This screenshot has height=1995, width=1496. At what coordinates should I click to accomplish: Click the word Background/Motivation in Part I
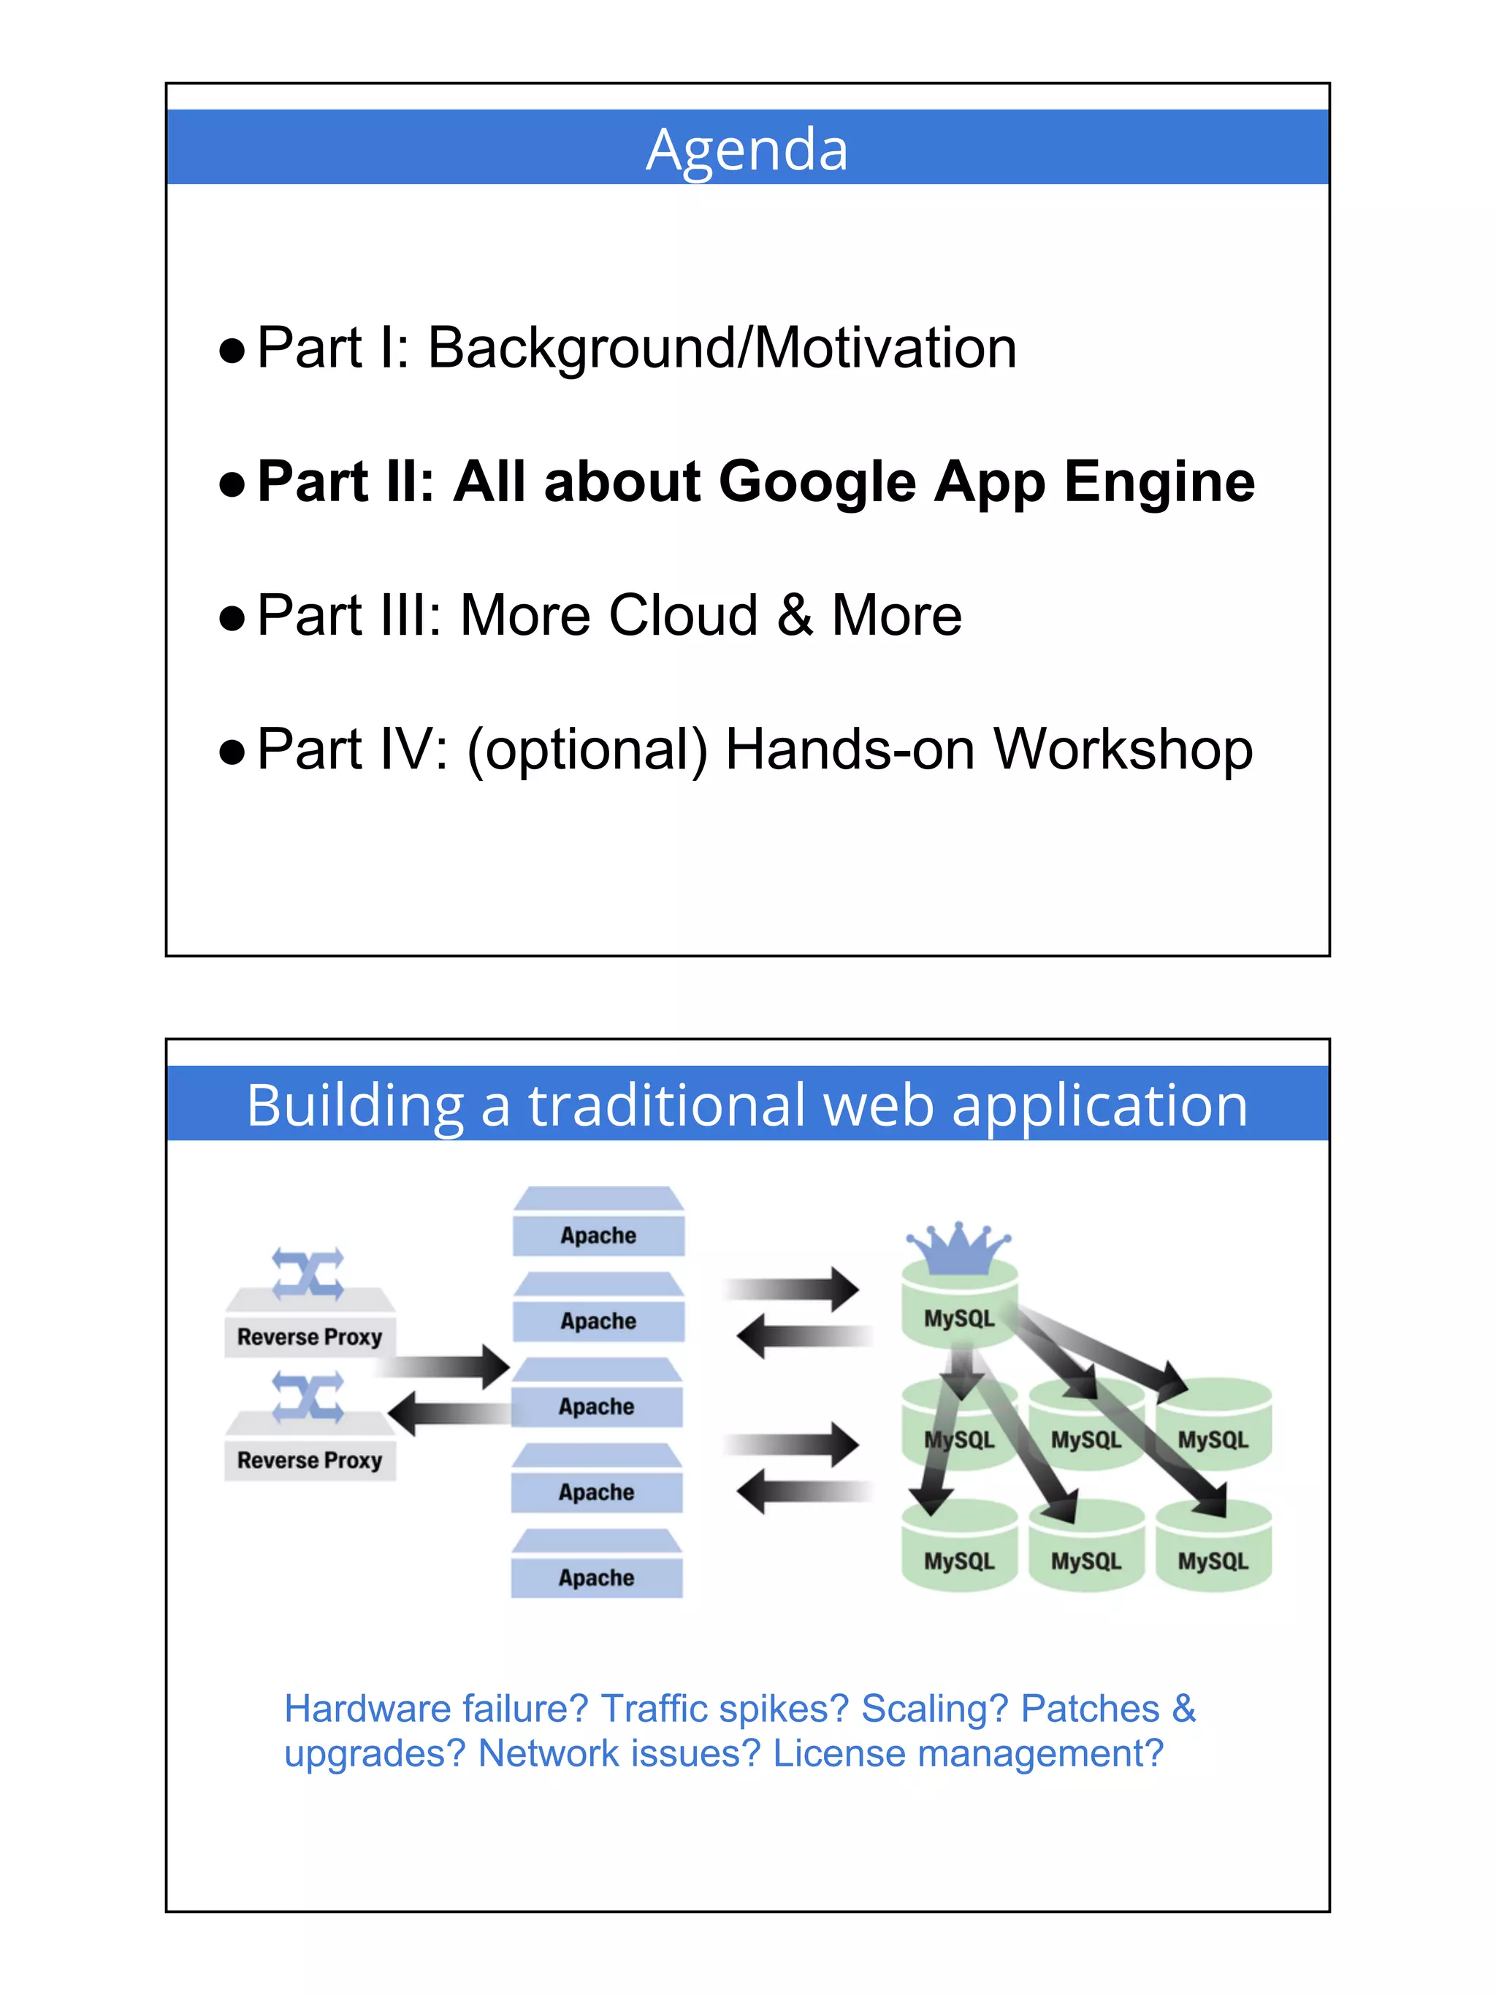pos(722,348)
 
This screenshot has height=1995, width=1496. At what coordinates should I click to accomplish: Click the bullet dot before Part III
pos(232,619)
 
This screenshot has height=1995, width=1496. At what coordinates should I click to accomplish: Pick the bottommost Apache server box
pos(597,1577)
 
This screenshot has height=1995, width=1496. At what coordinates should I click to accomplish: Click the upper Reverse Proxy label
pos(309,1337)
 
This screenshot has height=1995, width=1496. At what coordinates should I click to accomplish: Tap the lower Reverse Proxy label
pos(309,1460)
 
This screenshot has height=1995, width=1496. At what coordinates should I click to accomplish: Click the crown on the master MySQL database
pos(958,1246)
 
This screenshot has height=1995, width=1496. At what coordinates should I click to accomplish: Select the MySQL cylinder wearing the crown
pos(959,1319)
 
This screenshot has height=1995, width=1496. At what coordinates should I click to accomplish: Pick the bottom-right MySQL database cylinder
pos(1213,1561)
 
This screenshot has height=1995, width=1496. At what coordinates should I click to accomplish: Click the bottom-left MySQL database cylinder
pos(959,1561)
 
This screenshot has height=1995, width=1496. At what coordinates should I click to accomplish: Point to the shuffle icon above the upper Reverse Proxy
pos(308,1273)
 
